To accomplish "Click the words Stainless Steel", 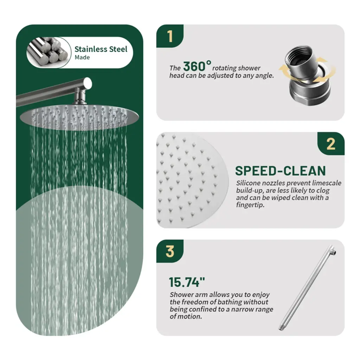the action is pos(101,49).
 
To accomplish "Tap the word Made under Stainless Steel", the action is pos(82,57).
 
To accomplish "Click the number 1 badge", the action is pos(170,36).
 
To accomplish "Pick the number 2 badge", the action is pos(331,144).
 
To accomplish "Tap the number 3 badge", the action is pos(170,251).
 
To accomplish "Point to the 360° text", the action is pos(197,66).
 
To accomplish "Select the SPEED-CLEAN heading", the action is pos(280,171).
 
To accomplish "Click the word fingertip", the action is pos(250,205).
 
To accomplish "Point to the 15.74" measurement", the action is pos(187,282).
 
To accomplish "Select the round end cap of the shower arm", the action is pos(88,83).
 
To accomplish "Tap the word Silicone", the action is pos(248,183).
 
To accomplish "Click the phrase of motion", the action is pos(186,317).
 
